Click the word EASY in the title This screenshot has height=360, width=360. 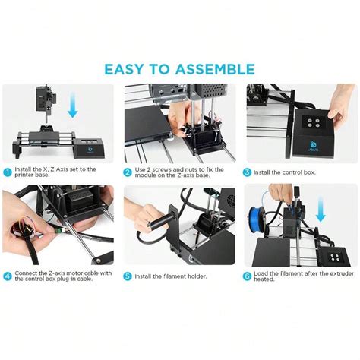(x=128, y=69)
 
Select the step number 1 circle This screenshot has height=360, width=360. (x=8, y=172)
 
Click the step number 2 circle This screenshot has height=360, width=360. (x=128, y=172)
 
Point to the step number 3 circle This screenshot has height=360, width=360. (x=248, y=172)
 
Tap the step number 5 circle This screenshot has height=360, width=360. (x=128, y=276)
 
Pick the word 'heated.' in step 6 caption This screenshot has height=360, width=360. (x=266, y=280)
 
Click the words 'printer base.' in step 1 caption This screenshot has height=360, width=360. (x=33, y=176)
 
